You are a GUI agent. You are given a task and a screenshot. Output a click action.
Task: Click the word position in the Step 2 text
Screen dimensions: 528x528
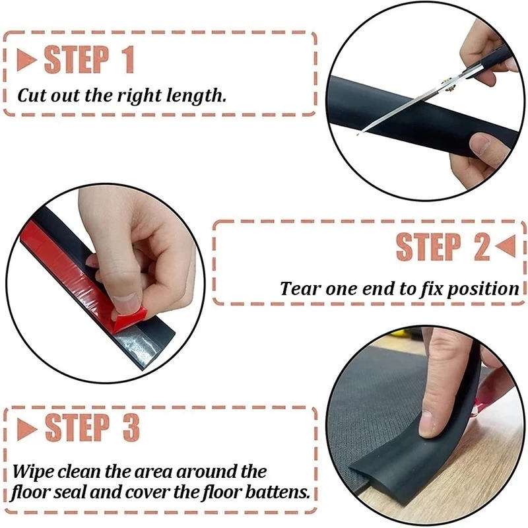coord(487,289)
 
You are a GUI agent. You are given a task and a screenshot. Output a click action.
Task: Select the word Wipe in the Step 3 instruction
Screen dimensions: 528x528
coord(32,472)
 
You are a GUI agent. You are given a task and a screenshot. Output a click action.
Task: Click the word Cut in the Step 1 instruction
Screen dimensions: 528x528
coord(31,95)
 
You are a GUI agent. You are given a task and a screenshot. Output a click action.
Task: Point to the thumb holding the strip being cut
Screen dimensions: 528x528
coord(482,143)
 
